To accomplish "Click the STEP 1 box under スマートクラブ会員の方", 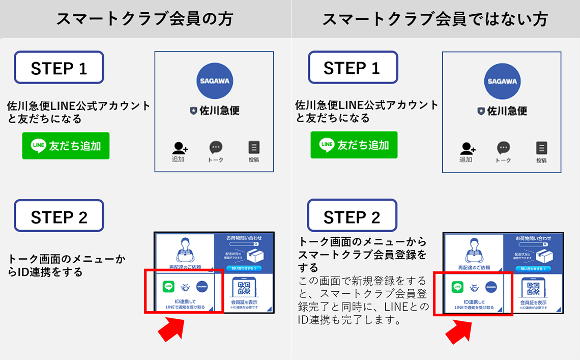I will click(x=59, y=67).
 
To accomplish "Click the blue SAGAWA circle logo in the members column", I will click(x=214, y=81).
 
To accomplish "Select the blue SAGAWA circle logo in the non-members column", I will click(x=502, y=81).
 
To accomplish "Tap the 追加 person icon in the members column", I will click(x=179, y=148).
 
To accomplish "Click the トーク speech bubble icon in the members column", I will click(x=216, y=148).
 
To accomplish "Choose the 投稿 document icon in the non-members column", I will click(x=541, y=148).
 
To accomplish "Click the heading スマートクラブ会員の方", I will click(x=144, y=19).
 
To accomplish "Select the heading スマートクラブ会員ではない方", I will click(x=435, y=19).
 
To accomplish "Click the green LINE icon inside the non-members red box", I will click(x=458, y=287).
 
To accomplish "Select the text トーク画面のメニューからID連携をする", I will click(x=66, y=265).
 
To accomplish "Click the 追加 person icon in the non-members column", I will click(x=467, y=148).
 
